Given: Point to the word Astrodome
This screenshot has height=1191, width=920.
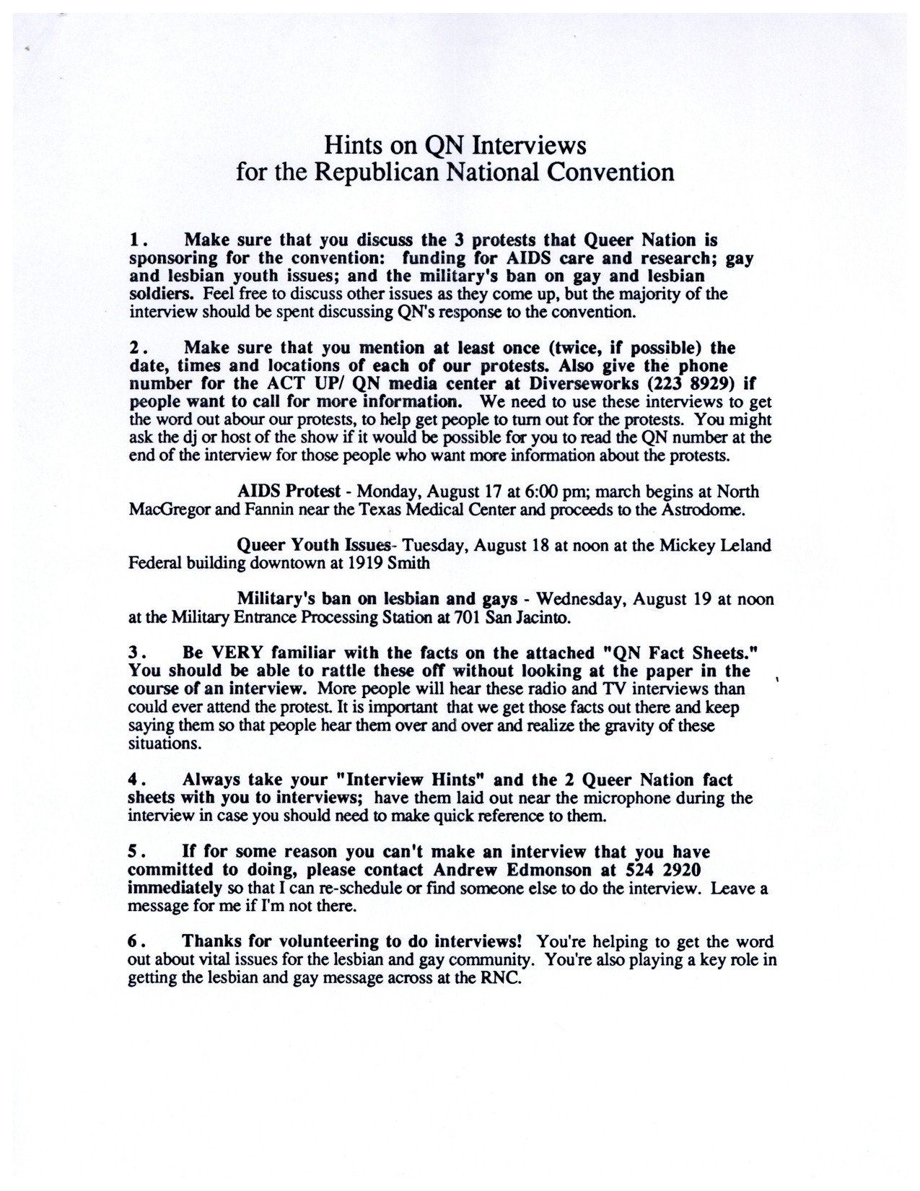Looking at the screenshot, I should point(717,509).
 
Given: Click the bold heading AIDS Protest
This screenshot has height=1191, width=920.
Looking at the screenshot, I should point(289,492).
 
